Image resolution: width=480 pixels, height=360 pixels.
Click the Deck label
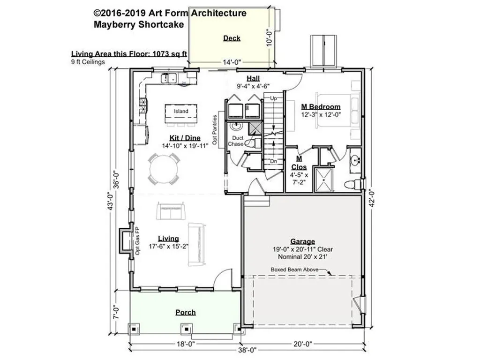tap(232, 38)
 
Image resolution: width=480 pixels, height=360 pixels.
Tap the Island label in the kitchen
tap(181, 111)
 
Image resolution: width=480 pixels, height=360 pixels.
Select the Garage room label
tap(302, 241)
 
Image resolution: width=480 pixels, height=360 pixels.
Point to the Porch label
tap(186, 312)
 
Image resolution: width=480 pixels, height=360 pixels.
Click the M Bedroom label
tap(321, 107)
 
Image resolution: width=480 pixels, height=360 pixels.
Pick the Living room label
tap(168, 239)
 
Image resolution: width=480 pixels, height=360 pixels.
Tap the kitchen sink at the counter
tap(169, 78)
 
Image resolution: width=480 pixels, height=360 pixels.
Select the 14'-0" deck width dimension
tap(232, 62)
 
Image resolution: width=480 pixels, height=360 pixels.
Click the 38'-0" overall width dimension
tap(247, 350)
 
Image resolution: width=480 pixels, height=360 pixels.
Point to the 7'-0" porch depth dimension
tap(116, 312)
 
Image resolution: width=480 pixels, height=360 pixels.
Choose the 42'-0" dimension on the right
tap(372, 198)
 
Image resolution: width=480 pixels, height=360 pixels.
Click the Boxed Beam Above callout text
tap(294, 270)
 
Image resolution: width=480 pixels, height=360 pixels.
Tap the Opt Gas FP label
tap(137, 240)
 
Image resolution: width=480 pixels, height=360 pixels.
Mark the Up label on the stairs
tap(273, 98)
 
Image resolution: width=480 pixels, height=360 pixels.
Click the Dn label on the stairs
tap(273, 161)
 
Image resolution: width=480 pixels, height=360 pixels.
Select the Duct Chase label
tap(236, 141)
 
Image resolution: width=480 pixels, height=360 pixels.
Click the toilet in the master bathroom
tap(353, 185)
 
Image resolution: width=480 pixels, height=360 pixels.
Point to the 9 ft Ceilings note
tap(88, 62)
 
